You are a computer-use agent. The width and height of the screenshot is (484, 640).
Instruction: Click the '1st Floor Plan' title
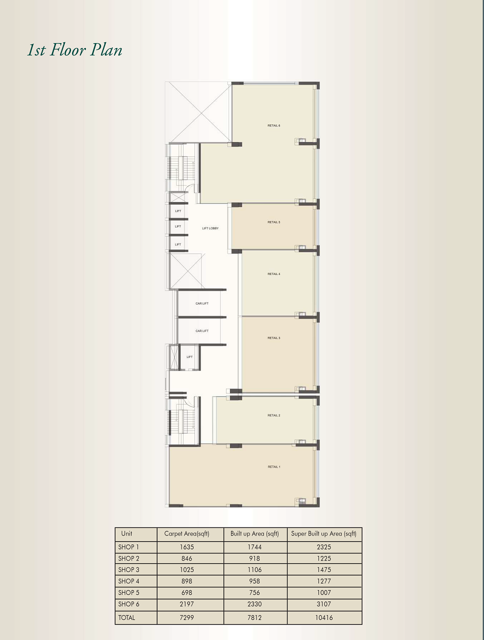point(74,50)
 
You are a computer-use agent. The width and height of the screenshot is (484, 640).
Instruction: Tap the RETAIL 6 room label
point(273,125)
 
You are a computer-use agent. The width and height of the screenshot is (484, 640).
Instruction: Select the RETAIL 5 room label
point(273,222)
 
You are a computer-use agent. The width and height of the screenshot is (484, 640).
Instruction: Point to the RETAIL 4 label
point(273,274)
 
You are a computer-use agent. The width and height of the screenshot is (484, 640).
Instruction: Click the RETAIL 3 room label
point(273,338)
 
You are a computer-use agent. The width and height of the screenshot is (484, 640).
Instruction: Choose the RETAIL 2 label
point(273,415)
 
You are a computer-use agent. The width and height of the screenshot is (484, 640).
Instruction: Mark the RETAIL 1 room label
point(273,467)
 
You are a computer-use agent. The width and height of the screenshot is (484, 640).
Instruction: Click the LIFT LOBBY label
point(210,228)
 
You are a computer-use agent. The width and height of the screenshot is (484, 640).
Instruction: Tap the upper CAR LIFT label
point(202,303)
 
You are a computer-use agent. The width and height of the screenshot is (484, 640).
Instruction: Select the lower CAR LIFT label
point(202,331)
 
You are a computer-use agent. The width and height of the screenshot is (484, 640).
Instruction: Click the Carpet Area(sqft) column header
point(186,534)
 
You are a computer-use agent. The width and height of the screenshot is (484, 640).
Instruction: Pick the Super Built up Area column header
point(323,534)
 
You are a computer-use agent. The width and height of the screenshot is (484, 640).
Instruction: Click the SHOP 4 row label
point(128,581)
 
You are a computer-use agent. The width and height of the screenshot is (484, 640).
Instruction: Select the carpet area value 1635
point(186,547)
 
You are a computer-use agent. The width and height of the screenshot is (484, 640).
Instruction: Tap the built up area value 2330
point(254,604)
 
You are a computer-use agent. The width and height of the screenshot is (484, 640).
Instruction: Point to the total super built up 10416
point(323,617)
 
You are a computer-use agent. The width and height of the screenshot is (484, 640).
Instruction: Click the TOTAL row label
point(126,617)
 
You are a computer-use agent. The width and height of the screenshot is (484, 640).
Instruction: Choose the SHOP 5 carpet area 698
point(186,592)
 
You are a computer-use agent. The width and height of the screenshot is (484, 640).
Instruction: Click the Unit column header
point(126,534)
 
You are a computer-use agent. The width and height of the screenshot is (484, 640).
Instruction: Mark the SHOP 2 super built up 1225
point(323,558)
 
